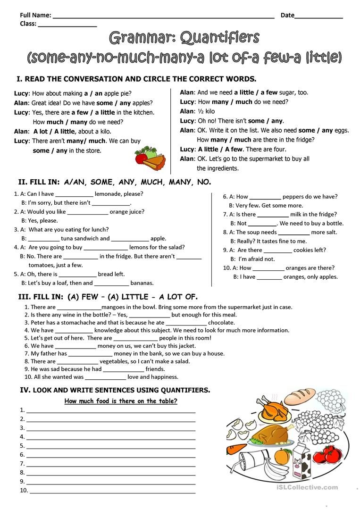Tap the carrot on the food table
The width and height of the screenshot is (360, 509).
click(237, 447)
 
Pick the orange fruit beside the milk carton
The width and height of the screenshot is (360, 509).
click(282, 456)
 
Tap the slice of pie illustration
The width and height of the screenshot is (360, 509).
click(155, 162)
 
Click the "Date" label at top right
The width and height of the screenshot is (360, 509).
click(287, 15)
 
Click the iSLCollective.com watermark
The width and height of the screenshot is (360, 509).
click(312, 487)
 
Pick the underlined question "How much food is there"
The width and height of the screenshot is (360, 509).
click(121, 401)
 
